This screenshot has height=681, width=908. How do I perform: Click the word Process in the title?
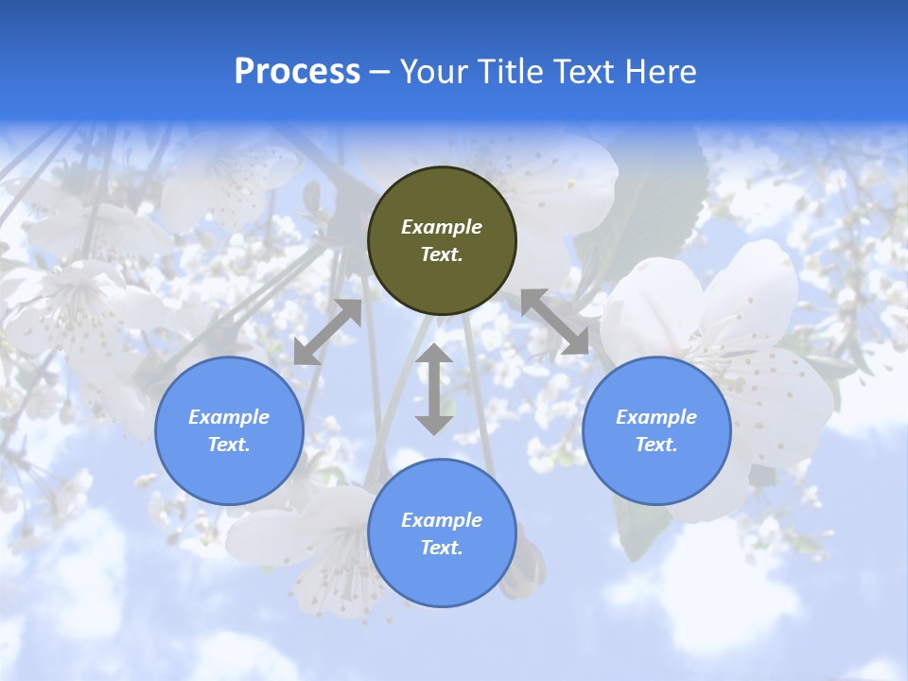[297, 72]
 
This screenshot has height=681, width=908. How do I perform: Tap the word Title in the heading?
[513, 72]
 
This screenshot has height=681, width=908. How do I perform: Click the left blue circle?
[229, 430]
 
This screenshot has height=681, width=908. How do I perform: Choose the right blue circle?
[656, 430]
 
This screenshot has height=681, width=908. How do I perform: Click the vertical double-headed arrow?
[434, 389]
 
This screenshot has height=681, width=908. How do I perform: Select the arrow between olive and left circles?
[327, 332]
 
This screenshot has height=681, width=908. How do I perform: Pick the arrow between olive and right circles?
[555, 323]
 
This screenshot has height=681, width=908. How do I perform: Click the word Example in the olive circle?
[442, 227]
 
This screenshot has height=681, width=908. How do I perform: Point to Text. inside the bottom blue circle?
[442, 548]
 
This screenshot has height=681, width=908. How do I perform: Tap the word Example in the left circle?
[229, 417]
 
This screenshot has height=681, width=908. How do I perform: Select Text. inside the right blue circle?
[656, 445]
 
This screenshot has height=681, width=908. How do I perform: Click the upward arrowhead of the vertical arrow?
[434, 354]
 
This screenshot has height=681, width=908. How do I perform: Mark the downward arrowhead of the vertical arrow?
[434, 424]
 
